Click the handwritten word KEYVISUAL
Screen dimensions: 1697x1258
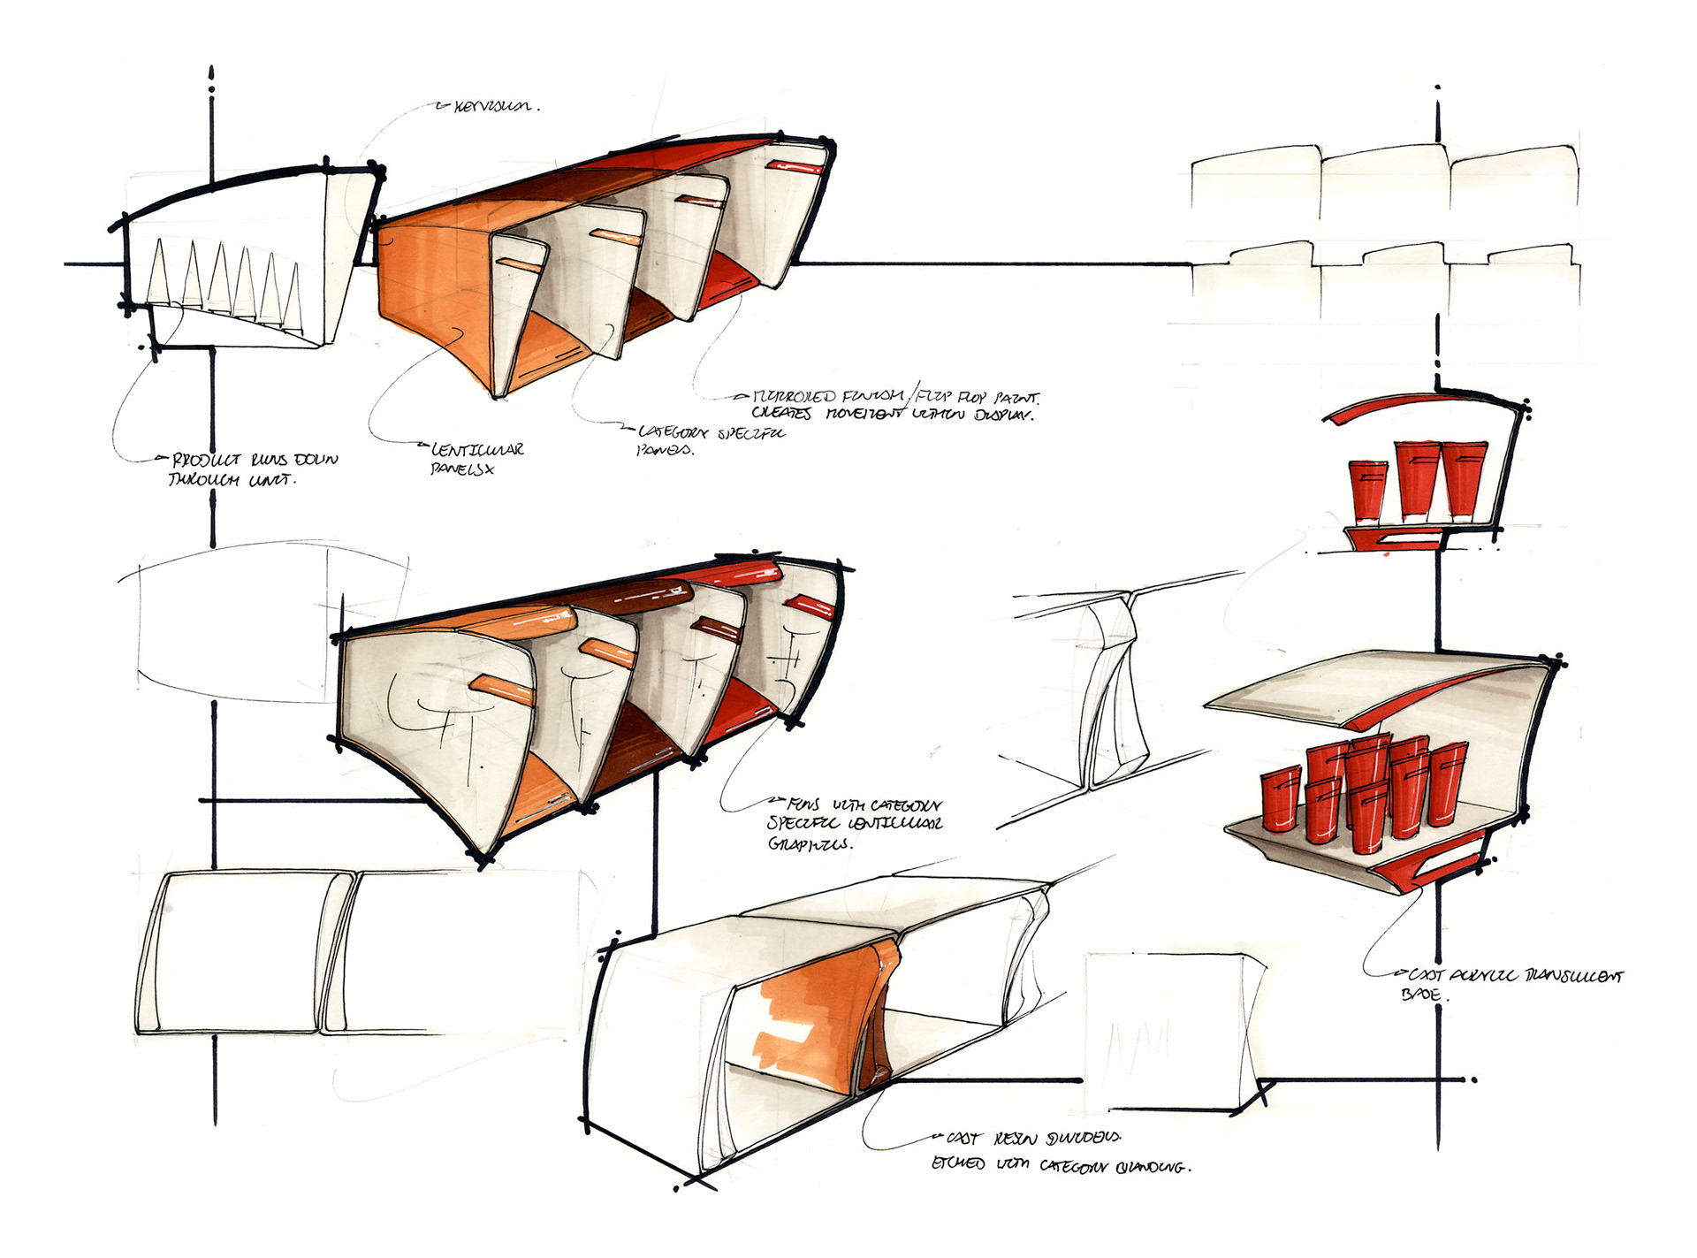pos(493,107)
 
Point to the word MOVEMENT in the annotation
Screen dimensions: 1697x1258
pos(865,414)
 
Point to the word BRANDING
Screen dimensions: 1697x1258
pos(1149,1166)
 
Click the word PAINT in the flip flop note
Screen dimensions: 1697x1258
pos(1016,399)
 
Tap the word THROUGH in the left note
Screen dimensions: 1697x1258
pos(203,480)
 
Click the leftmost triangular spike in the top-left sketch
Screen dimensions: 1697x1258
pos(158,273)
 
